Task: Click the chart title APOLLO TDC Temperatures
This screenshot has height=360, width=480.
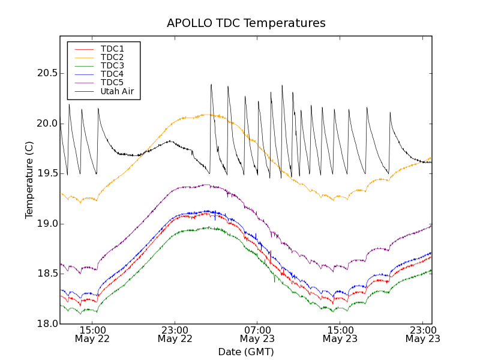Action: (x=246, y=23)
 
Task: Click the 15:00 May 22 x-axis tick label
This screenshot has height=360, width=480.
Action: (x=93, y=334)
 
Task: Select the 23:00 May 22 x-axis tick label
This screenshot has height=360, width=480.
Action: (x=175, y=334)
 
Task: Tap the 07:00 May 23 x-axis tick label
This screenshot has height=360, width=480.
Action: (x=257, y=334)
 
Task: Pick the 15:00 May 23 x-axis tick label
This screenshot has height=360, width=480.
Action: (x=340, y=334)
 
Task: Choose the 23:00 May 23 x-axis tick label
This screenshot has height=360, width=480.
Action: (x=422, y=334)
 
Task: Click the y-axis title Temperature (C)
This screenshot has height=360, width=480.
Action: (x=29, y=180)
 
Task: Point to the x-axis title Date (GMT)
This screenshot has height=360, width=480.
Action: (x=246, y=352)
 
